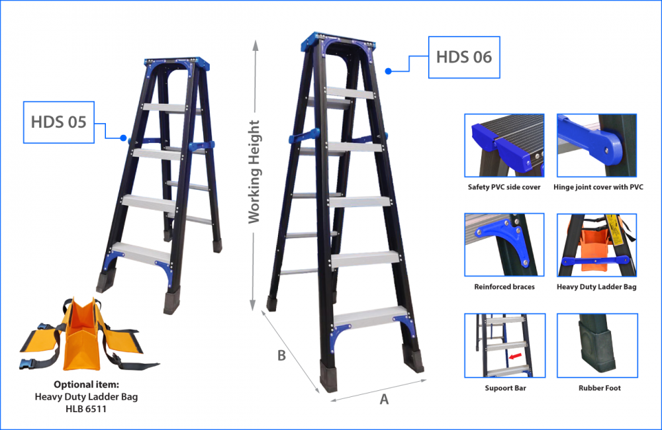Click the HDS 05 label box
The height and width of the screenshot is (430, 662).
(x=58, y=122)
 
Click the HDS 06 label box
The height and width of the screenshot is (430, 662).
(x=463, y=57)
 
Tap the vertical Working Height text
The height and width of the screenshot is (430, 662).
(x=254, y=172)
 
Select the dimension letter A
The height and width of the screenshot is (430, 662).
(x=383, y=398)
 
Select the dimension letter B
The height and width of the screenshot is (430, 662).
(x=281, y=355)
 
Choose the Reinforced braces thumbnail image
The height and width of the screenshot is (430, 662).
(x=504, y=244)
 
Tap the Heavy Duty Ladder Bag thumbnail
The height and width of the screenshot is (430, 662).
(x=598, y=244)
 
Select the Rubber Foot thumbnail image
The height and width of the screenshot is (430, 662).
(x=598, y=345)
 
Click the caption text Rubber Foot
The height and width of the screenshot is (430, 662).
(x=598, y=388)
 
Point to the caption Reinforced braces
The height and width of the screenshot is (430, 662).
(x=504, y=287)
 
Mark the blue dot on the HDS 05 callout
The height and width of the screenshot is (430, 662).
(x=123, y=138)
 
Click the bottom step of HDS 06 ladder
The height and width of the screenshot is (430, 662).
(x=367, y=316)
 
